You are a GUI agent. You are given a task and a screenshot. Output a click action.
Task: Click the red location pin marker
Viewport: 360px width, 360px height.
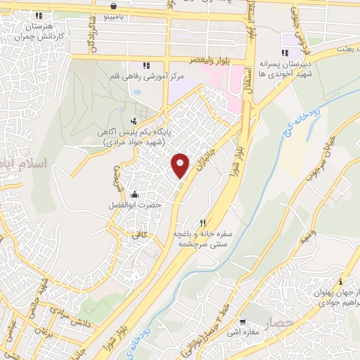181,165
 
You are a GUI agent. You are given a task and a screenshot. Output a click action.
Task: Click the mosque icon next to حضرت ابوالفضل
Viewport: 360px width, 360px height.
134,194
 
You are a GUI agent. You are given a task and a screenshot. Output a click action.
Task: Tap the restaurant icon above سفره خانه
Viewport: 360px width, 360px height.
203,223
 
